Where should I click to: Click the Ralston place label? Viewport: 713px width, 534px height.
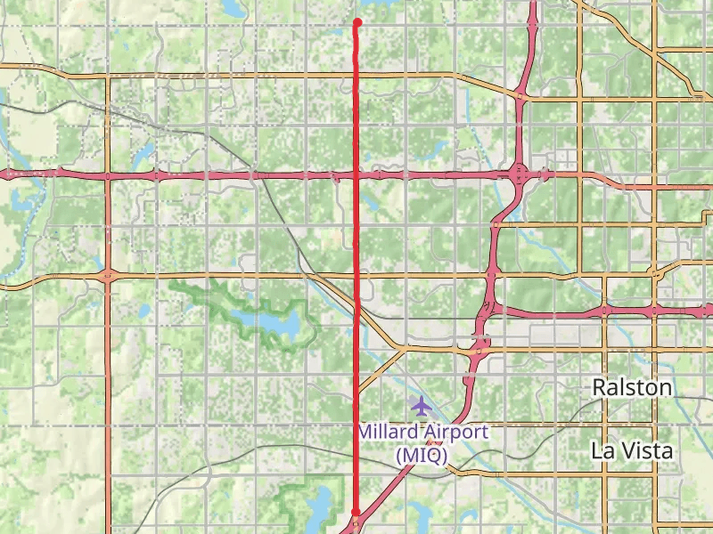click(632, 387)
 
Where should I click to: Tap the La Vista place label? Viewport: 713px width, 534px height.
click(632, 450)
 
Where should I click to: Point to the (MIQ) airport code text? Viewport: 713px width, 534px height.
click(421, 454)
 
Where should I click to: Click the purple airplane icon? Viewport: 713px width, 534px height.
click(421, 406)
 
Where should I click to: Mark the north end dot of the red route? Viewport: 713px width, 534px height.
click(356, 22)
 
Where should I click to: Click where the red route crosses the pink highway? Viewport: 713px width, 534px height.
click(357, 174)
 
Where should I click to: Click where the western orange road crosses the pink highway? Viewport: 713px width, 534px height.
click(107, 175)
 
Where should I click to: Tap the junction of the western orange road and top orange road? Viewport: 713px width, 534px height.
click(107, 77)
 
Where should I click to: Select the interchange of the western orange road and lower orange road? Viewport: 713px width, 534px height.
click(107, 275)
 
